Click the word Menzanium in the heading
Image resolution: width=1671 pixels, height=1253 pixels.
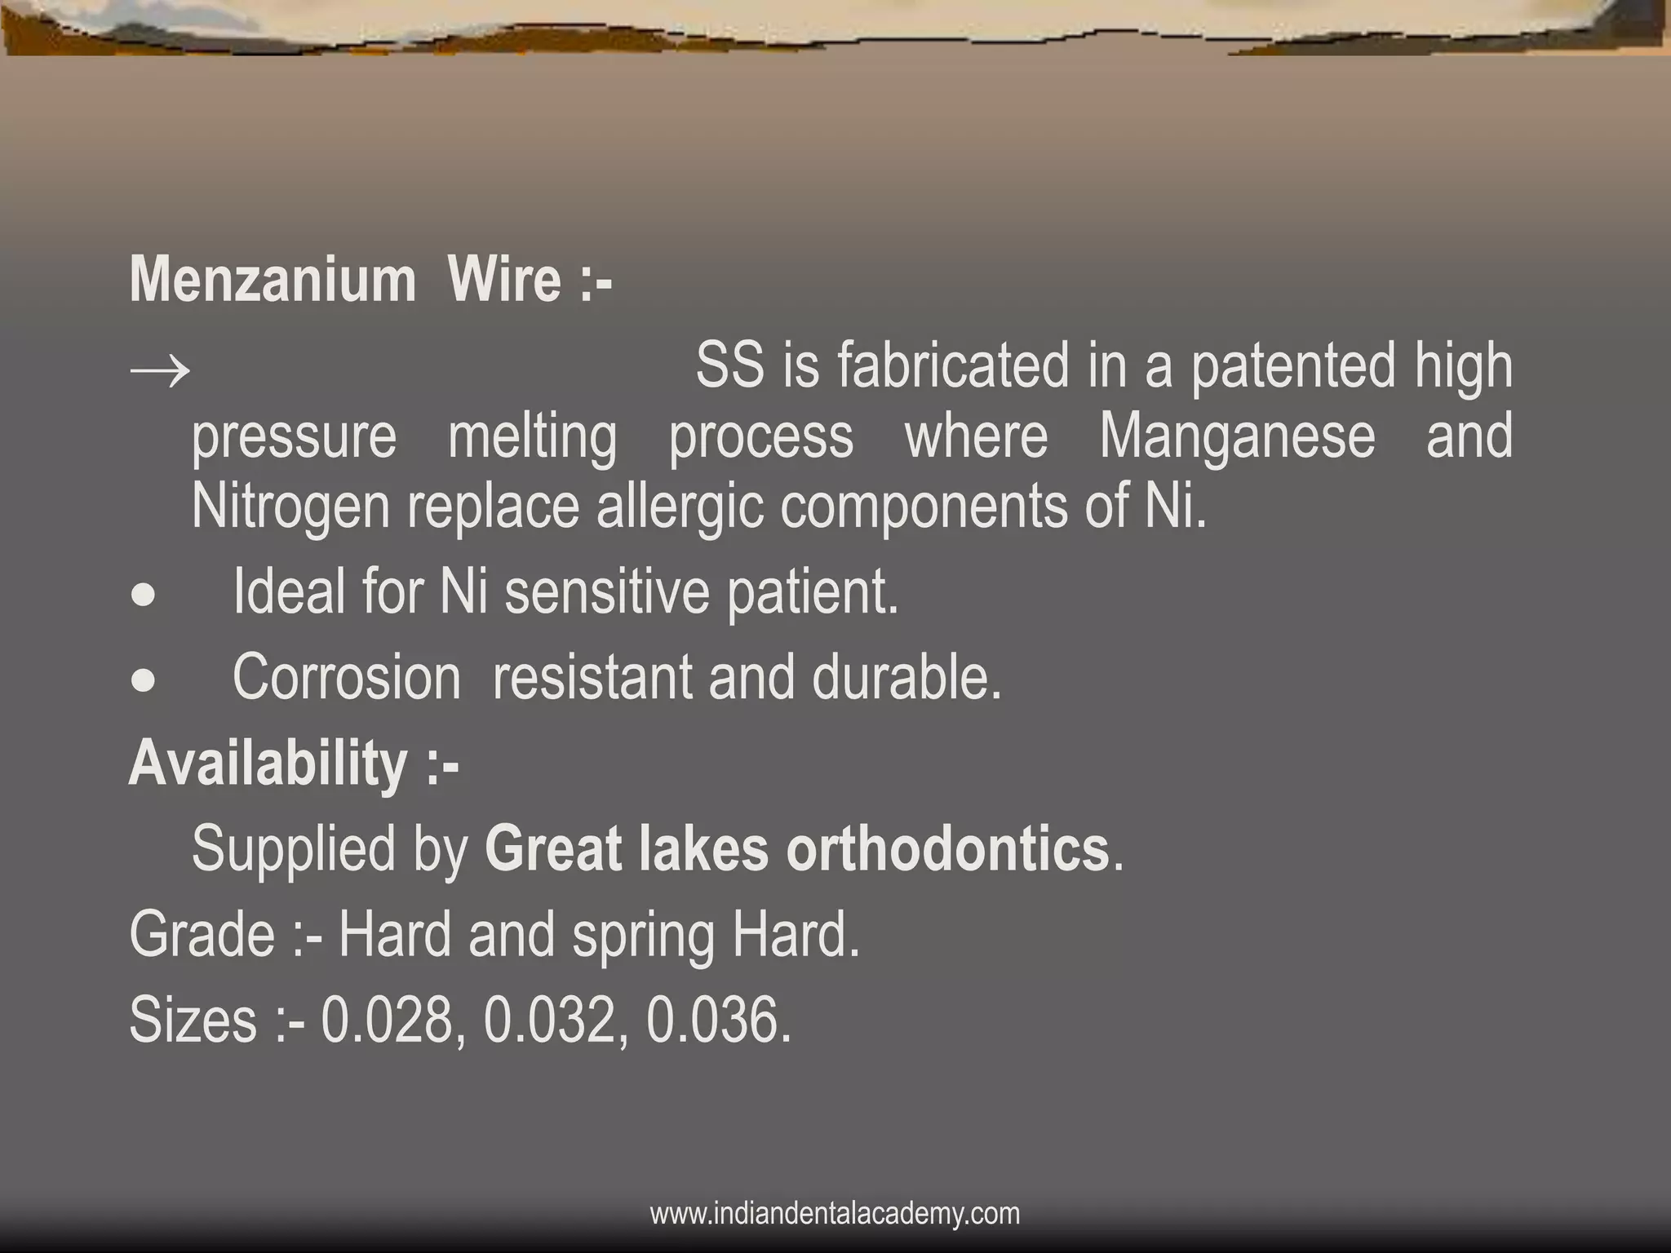coord(273,280)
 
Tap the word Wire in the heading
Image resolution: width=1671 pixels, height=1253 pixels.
coord(503,280)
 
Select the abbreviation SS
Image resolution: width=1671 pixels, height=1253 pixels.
coord(730,366)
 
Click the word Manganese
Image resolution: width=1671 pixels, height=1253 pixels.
coord(1237,436)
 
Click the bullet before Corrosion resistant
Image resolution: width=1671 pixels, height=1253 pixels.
coord(144,681)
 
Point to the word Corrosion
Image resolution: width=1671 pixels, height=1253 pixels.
coord(347,678)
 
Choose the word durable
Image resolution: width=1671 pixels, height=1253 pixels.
coord(906,678)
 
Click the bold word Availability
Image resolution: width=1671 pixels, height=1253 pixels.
coord(268,764)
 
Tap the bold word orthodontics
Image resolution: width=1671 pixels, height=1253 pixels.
coord(947,849)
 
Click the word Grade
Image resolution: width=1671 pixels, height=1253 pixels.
coord(202,935)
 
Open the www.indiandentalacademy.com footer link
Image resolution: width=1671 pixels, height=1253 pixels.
coord(835,1213)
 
